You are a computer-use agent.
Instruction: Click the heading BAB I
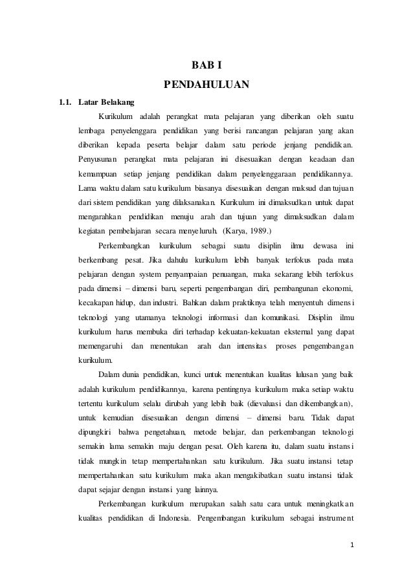click(206, 66)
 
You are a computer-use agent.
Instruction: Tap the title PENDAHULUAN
click(206, 85)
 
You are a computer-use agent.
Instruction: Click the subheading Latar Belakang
click(106, 102)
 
